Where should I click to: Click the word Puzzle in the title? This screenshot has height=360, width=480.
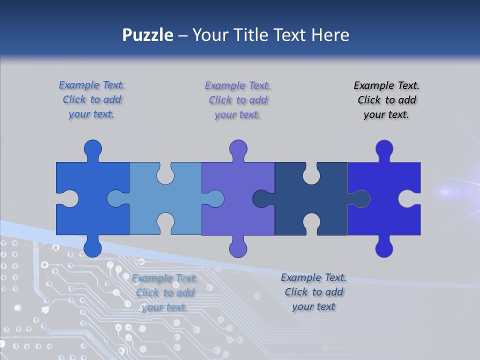148,35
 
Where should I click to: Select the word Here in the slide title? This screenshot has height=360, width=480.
330,35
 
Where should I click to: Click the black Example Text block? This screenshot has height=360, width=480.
386,100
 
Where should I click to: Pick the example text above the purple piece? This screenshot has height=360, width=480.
237,100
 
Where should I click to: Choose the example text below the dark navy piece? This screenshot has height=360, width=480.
313,292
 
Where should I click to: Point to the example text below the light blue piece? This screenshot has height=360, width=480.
165,292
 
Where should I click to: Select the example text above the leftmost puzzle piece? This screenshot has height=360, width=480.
92,100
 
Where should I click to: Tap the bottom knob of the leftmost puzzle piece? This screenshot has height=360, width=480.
92,247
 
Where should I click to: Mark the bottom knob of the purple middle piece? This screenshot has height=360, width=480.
238,247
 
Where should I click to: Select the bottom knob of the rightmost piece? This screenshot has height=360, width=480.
384,247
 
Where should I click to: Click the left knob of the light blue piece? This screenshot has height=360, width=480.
117,198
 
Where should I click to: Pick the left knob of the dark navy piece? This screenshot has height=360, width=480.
262,198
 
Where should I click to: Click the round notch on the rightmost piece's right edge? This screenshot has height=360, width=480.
409,198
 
